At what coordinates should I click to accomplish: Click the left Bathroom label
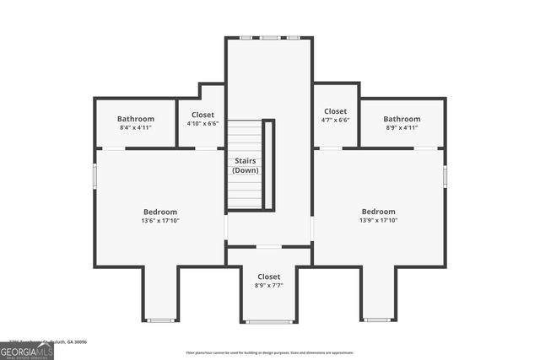pyautogui.click(x=135, y=119)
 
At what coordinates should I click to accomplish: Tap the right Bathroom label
pyautogui.click(x=402, y=119)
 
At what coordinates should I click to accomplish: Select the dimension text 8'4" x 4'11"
pyautogui.click(x=135, y=128)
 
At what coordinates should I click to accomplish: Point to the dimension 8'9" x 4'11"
pyautogui.click(x=402, y=128)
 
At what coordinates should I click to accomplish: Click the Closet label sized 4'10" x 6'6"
pyautogui.click(x=202, y=115)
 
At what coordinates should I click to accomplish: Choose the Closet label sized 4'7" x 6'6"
pyautogui.click(x=335, y=111)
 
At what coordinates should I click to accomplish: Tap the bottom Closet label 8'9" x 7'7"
pyautogui.click(x=269, y=277)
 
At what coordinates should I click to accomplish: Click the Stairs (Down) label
pyautogui.click(x=246, y=165)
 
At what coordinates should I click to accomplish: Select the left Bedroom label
pyautogui.click(x=159, y=212)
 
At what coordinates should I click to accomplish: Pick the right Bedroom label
pyautogui.click(x=378, y=212)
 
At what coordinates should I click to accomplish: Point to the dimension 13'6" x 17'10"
pyautogui.click(x=159, y=221)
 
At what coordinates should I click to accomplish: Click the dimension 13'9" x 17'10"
pyautogui.click(x=378, y=221)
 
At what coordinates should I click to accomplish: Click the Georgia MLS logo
pyautogui.click(x=26, y=350)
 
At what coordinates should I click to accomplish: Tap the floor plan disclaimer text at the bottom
pyautogui.click(x=269, y=352)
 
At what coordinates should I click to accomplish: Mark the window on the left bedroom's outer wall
pyautogui.click(x=94, y=175)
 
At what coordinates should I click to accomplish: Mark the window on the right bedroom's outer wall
pyautogui.click(x=445, y=175)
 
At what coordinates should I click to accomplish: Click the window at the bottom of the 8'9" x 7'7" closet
pyautogui.click(x=269, y=321)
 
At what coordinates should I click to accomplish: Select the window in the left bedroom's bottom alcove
pyautogui.click(x=159, y=320)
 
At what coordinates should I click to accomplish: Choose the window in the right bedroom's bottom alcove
pyautogui.click(x=378, y=320)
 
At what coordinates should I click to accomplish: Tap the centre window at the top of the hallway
pyautogui.click(x=269, y=38)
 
